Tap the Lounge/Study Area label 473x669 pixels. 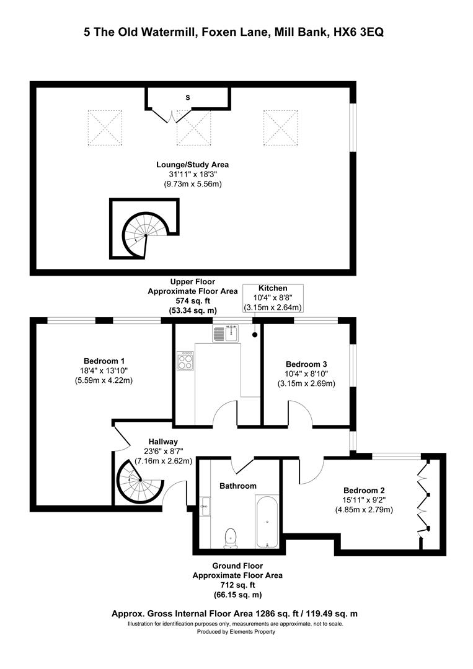[193, 165]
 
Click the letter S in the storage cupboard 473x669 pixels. [187, 98]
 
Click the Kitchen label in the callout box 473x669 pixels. [273, 289]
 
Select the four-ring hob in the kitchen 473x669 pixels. [185, 361]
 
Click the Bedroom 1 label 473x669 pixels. [104, 361]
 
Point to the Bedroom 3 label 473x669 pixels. [306, 364]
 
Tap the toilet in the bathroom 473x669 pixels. [231, 537]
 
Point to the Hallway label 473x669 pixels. [163, 442]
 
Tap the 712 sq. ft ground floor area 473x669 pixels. [237, 585]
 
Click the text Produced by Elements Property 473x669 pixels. [236, 632]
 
